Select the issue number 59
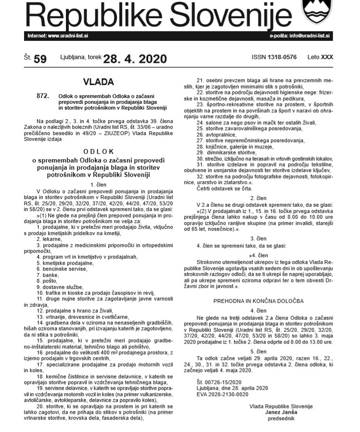click(40, 59)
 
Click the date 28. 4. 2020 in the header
click(135, 59)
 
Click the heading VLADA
click(98, 82)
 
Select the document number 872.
click(43, 96)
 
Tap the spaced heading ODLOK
click(99, 151)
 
